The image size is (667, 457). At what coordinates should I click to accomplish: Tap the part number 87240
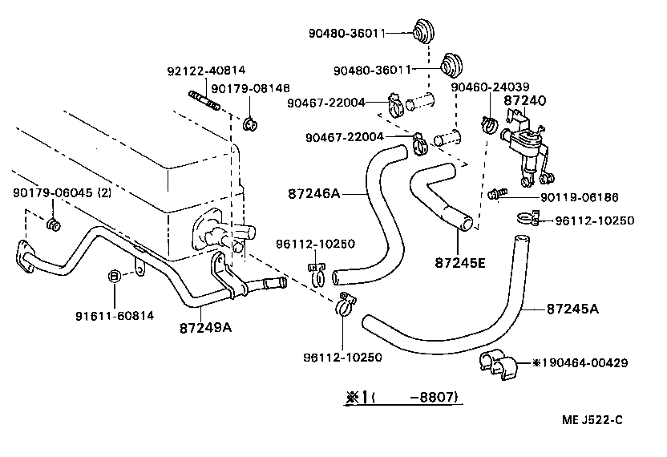tap(524, 101)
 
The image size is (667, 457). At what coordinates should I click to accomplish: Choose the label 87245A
tap(572, 308)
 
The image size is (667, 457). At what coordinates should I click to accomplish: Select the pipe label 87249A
tap(206, 327)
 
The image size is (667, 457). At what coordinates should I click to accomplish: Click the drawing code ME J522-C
tap(592, 420)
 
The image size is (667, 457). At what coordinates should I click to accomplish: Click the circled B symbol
tap(115, 277)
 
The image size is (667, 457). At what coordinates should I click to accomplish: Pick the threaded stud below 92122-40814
tap(206, 100)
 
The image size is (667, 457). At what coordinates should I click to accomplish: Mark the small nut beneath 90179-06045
tap(54, 225)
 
